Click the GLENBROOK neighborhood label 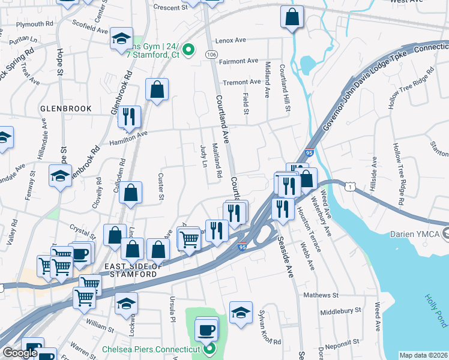point(66,109)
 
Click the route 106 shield point(212,55)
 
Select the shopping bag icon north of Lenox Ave point(292,18)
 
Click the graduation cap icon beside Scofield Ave point(121,40)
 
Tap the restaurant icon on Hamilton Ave point(128,117)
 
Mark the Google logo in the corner point(20,353)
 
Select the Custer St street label point(160,185)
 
